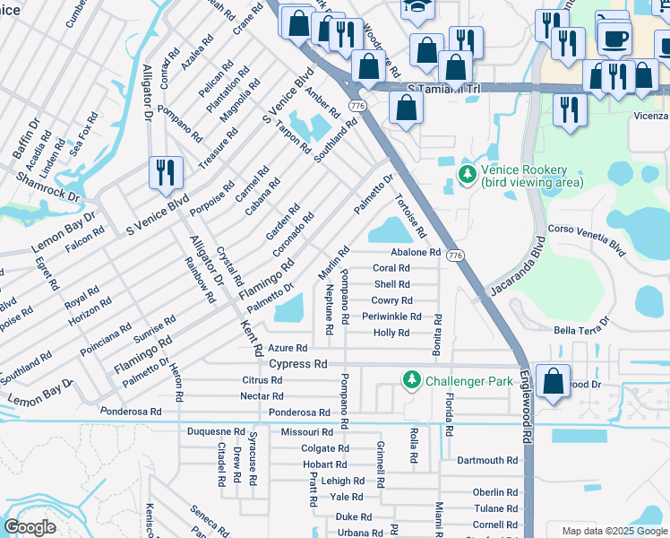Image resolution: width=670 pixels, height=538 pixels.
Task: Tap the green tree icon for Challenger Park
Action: point(411,380)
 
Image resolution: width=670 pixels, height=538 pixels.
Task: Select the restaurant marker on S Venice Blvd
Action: point(165,172)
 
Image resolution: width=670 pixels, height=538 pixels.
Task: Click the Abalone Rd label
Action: point(415,253)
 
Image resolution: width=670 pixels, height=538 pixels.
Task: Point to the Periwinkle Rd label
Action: point(391,317)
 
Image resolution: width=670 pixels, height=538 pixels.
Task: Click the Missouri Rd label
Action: point(306,431)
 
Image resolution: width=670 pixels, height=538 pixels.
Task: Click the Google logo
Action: point(30,527)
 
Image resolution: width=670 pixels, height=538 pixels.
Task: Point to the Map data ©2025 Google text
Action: point(614,531)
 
